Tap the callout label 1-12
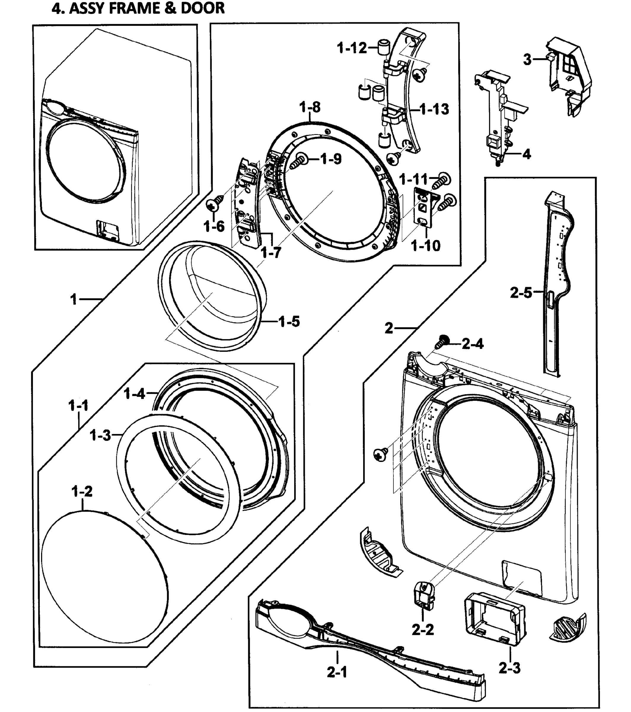pyautogui.click(x=352, y=48)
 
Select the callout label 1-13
pyautogui.click(x=434, y=109)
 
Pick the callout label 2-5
pyautogui.click(x=521, y=293)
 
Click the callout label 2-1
pyautogui.click(x=337, y=672)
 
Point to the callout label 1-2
pyautogui.click(x=82, y=491)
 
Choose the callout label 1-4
pyautogui.click(x=134, y=394)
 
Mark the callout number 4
pyautogui.click(x=527, y=154)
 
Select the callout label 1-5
pyautogui.click(x=289, y=322)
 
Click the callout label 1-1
pyautogui.click(x=78, y=406)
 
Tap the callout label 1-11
pyautogui.click(x=413, y=179)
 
